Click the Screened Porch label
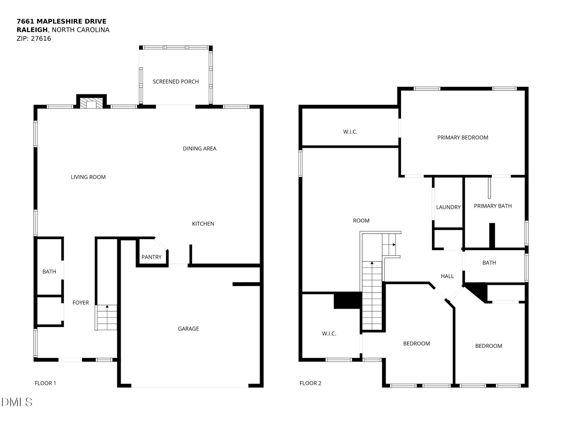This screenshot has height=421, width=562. (x=176, y=82)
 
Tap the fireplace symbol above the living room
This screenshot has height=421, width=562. (x=91, y=103)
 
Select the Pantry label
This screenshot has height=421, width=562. (x=151, y=257)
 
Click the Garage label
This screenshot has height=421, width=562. (x=188, y=329)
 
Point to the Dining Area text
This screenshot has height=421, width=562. (x=200, y=149)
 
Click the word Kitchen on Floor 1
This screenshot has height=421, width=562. (x=203, y=224)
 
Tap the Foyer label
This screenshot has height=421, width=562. (x=81, y=303)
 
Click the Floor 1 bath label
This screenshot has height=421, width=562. (x=49, y=272)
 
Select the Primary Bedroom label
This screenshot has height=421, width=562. (x=463, y=138)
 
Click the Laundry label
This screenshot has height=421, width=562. (x=448, y=207)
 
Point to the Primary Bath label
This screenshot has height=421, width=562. (x=493, y=206)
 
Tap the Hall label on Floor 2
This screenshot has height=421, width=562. (x=447, y=276)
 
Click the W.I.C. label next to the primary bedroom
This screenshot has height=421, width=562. (x=350, y=132)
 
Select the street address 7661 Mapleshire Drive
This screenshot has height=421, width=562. (x=62, y=22)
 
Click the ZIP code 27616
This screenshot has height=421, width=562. (x=41, y=39)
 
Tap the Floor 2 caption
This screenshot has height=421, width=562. (x=310, y=383)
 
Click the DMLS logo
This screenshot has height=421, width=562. (x=17, y=402)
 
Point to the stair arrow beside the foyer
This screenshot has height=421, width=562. (x=107, y=306)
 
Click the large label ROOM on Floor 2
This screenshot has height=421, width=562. (x=361, y=221)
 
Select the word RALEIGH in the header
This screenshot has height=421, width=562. (x=32, y=30)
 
